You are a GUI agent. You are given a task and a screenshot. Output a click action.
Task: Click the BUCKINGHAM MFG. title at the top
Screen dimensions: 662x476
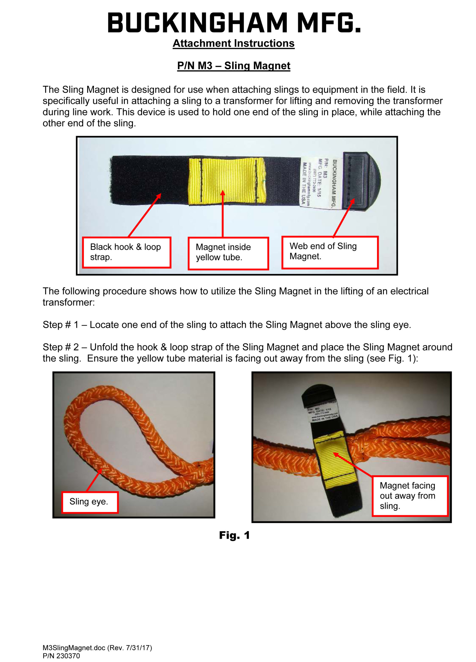[234, 23]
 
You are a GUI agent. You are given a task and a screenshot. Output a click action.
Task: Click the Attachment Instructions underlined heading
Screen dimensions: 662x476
[233, 43]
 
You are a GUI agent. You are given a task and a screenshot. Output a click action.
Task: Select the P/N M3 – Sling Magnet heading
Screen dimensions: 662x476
[233, 66]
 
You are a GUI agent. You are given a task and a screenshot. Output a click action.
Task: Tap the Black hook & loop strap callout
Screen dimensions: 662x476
[126, 252]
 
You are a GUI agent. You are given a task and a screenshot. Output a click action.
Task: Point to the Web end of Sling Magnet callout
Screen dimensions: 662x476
[329, 252]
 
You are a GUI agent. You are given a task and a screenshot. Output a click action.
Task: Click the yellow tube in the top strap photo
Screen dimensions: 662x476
[227, 181]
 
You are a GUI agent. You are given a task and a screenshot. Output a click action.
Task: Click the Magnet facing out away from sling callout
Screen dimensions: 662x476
[410, 496]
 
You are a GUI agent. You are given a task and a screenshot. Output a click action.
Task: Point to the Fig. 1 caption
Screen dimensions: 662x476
[234, 535]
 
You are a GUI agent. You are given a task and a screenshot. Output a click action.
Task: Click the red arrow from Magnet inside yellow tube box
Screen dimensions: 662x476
[222, 215]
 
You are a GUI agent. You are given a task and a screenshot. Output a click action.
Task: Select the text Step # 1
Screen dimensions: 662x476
[60, 325]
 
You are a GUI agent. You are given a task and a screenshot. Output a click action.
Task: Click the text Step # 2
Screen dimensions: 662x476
[60, 347]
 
